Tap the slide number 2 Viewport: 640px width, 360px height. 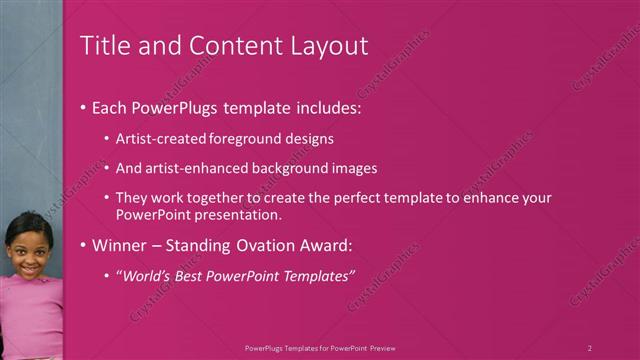[x=590, y=347]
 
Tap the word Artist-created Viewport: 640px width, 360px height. [x=159, y=139]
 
